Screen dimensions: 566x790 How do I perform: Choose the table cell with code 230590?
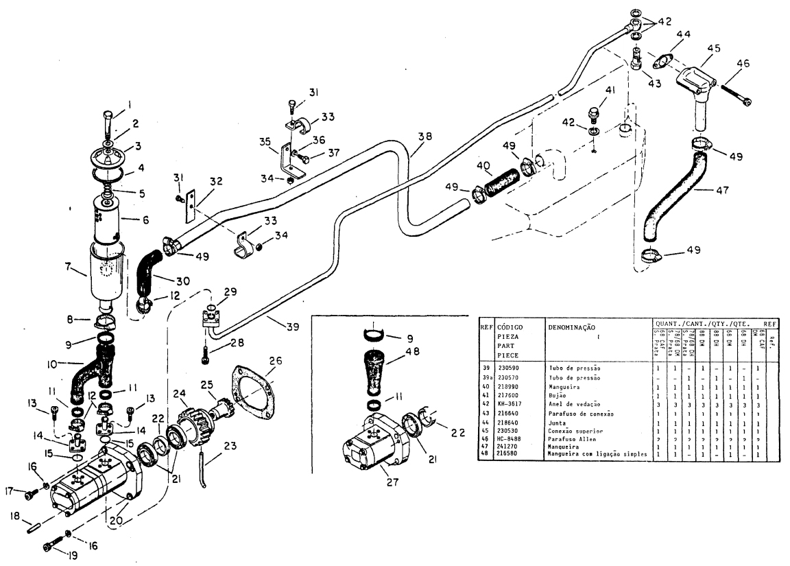point(509,368)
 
